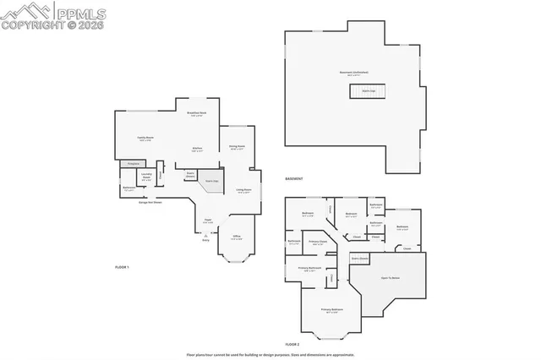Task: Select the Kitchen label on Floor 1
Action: (197, 147)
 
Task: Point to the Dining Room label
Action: (237, 147)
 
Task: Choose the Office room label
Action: (236, 237)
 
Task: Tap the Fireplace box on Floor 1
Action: (132, 163)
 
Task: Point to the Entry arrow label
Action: (205, 240)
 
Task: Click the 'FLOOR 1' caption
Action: (122, 267)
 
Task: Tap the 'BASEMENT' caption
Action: (293, 179)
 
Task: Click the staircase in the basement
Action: (368, 91)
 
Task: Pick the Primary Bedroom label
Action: (331, 310)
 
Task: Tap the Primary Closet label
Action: (318, 243)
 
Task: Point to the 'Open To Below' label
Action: (391, 277)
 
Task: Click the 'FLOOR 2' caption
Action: (292, 344)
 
